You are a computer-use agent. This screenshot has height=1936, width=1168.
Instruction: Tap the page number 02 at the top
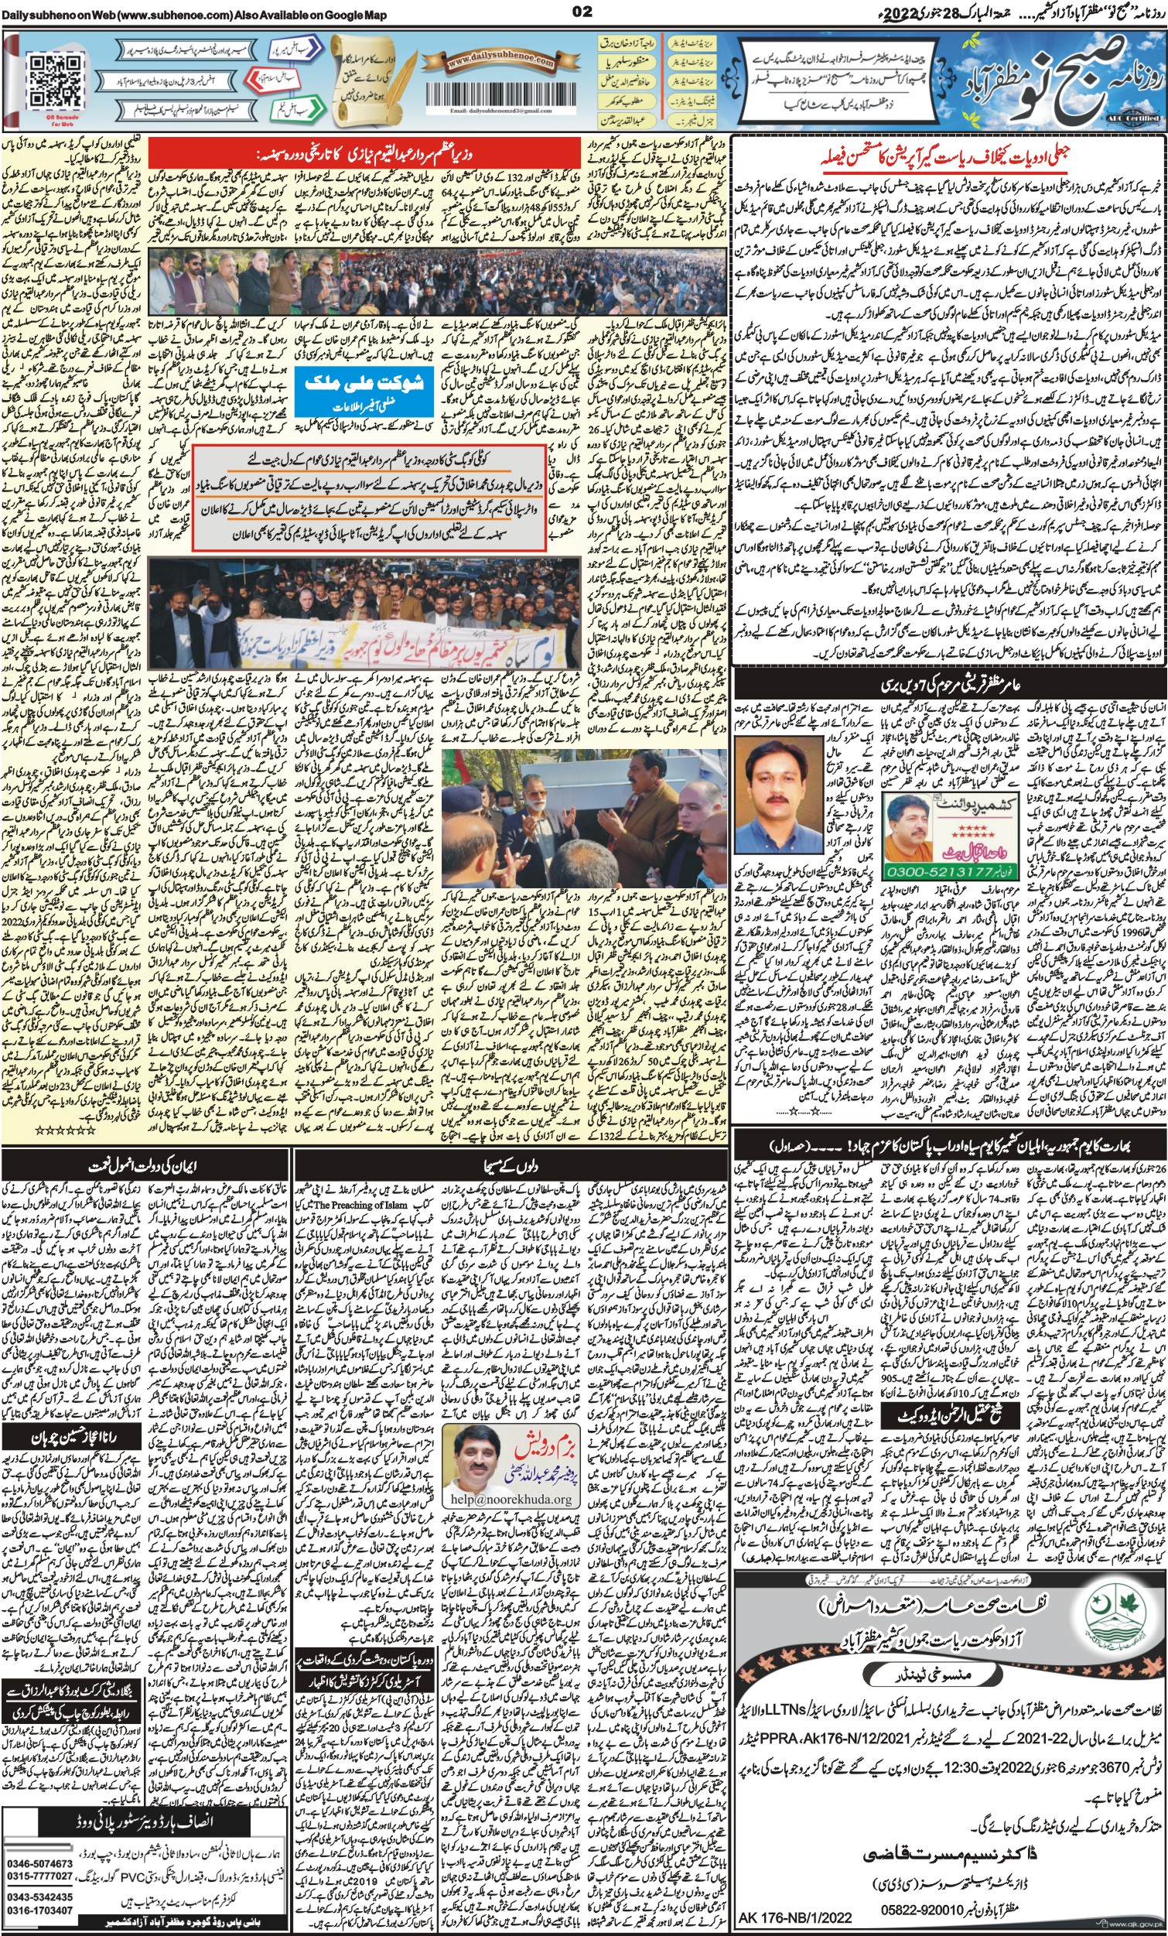click(582, 11)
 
